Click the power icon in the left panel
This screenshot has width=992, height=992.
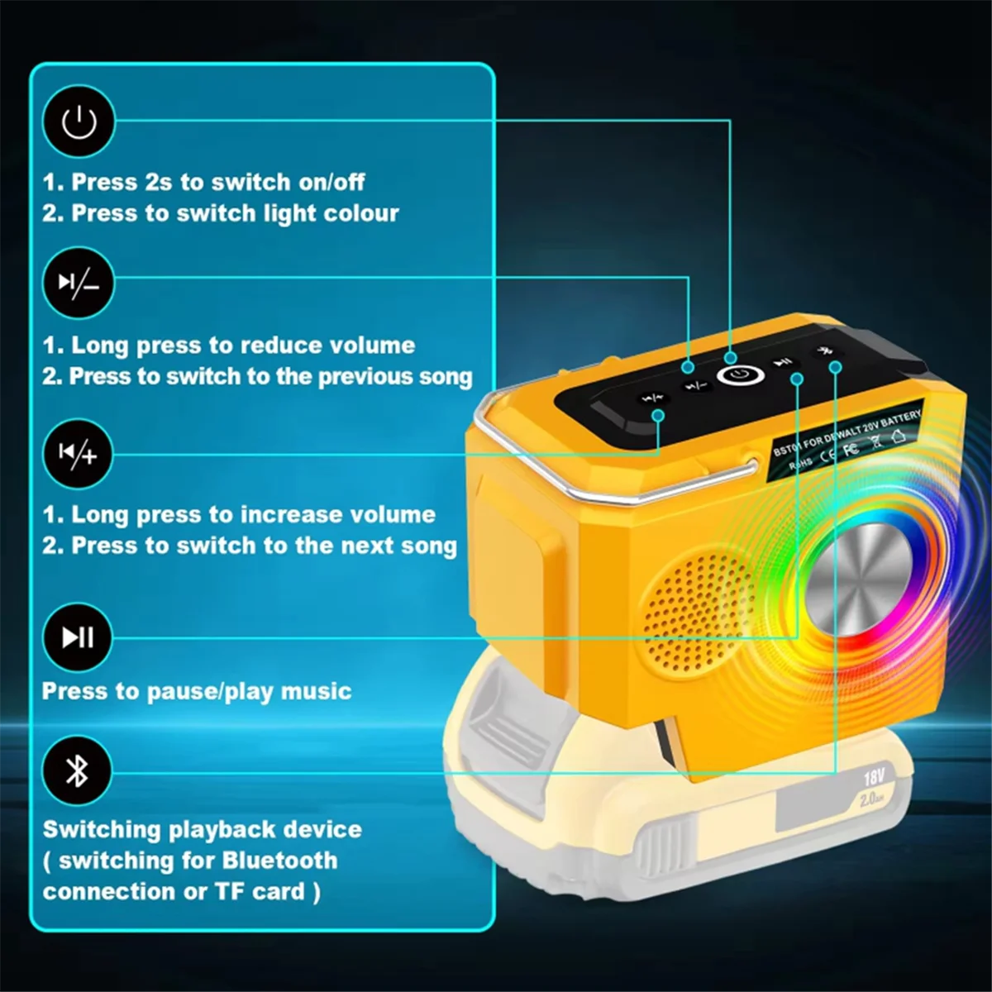point(79,122)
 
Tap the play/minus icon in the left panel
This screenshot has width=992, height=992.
point(79,284)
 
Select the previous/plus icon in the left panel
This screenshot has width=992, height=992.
point(79,454)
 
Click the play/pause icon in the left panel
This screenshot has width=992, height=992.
point(79,637)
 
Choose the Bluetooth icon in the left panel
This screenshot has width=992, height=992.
point(78,771)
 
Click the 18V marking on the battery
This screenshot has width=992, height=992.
point(874,777)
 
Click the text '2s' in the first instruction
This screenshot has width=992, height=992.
point(160,182)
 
